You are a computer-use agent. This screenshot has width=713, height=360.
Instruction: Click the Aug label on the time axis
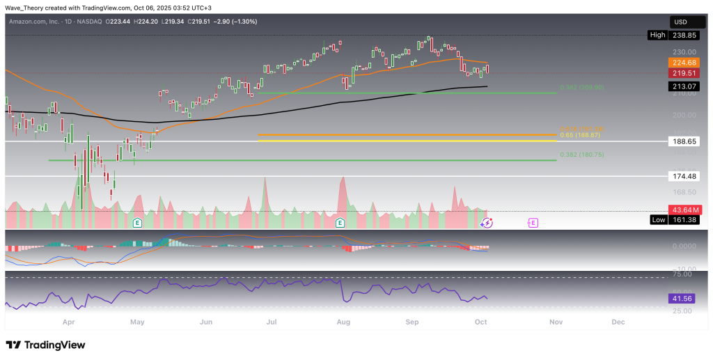(x=343, y=322)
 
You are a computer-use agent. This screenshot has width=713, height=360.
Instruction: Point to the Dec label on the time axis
(x=618, y=322)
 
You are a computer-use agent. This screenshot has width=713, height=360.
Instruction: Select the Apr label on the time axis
(x=68, y=322)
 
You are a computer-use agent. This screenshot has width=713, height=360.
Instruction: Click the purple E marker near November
(x=533, y=223)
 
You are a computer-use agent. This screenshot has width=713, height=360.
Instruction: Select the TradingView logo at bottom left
(x=45, y=345)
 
